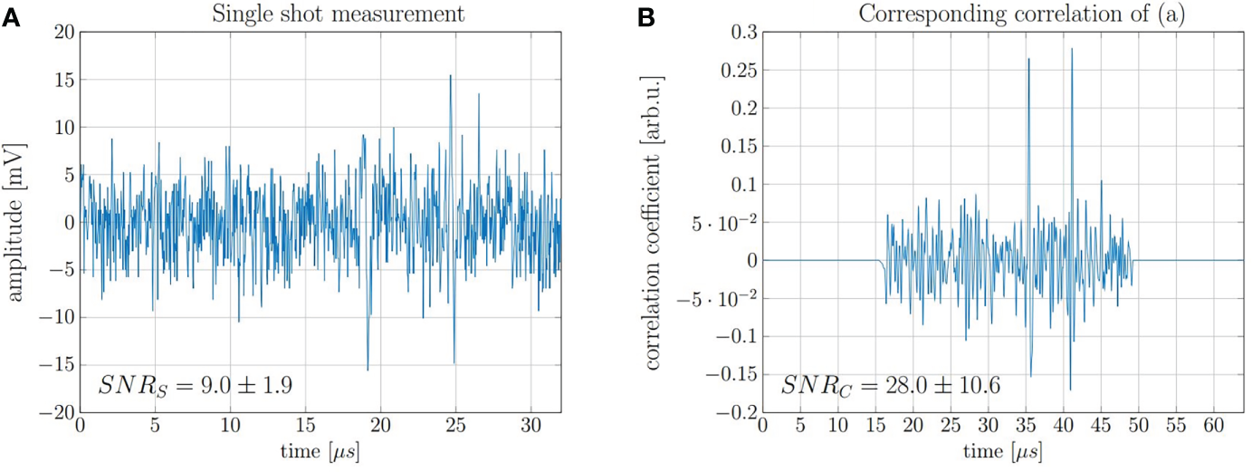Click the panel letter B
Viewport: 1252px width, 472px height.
click(645, 16)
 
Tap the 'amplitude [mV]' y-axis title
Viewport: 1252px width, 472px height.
click(16, 222)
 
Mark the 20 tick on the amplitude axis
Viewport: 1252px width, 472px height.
click(62, 32)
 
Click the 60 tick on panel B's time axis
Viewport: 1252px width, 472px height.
click(1207, 426)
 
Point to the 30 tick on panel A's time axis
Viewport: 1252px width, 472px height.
click(530, 426)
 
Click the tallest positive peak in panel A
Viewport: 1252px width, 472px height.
click(450, 76)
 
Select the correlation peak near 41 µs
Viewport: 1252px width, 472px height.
click(1072, 49)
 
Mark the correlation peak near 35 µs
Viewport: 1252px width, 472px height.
click(1028, 60)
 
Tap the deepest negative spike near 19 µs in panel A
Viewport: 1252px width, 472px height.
click(368, 369)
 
